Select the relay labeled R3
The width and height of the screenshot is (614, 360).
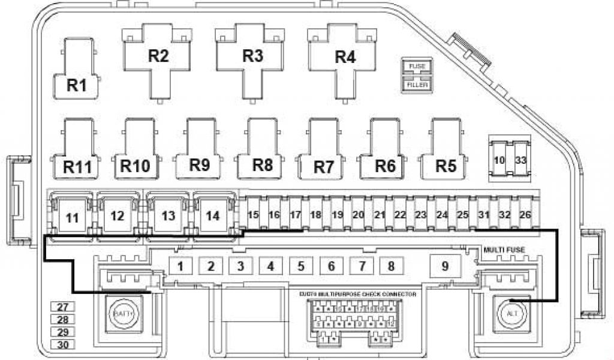click(x=252, y=56)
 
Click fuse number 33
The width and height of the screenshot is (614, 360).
click(x=520, y=160)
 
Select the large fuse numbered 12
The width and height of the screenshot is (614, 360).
click(x=118, y=217)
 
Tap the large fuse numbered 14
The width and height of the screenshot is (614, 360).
click(x=211, y=217)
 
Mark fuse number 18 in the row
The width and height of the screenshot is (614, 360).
click(x=315, y=214)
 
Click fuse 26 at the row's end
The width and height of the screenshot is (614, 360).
click(x=525, y=214)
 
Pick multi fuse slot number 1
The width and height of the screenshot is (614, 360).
click(x=180, y=266)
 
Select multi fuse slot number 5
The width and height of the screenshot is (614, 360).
click(x=301, y=266)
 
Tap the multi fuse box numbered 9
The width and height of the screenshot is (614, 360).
click(x=445, y=266)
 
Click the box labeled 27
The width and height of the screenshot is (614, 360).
click(x=62, y=307)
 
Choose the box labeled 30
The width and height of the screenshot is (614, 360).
click(x=62, y=344)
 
